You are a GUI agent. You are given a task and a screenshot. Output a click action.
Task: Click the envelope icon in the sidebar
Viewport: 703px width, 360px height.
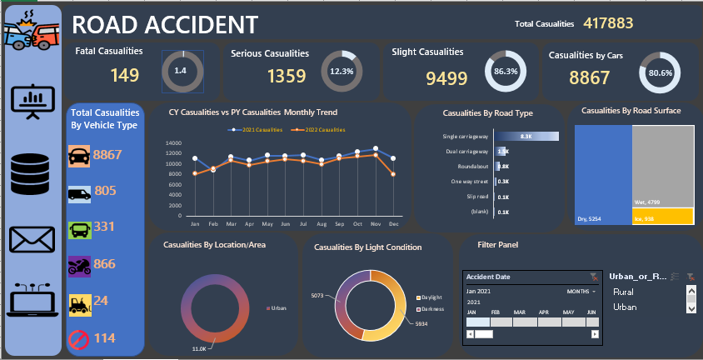coord(32,240)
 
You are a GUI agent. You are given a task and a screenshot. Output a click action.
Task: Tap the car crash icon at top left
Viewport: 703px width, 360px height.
coord(30,31)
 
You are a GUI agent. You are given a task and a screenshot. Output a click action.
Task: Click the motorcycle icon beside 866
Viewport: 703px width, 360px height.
coord(79,266)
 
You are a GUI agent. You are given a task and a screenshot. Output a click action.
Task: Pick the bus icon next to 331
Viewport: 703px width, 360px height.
coord(79,228)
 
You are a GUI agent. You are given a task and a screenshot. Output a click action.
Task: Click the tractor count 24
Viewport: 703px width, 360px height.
coord(101,301)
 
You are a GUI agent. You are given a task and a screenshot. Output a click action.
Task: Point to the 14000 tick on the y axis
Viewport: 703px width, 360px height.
coord(173,142)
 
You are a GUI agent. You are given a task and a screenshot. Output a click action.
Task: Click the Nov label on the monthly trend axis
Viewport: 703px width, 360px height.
coord(376,224)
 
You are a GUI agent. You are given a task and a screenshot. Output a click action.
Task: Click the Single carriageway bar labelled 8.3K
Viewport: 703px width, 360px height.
coord(526,135)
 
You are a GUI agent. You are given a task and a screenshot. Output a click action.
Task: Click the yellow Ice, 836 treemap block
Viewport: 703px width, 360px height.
coord(663,217)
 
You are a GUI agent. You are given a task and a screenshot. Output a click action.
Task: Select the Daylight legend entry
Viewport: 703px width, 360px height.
coord(430,297)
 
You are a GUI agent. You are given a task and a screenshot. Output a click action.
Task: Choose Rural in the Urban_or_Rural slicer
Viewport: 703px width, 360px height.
coord(623,292)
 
